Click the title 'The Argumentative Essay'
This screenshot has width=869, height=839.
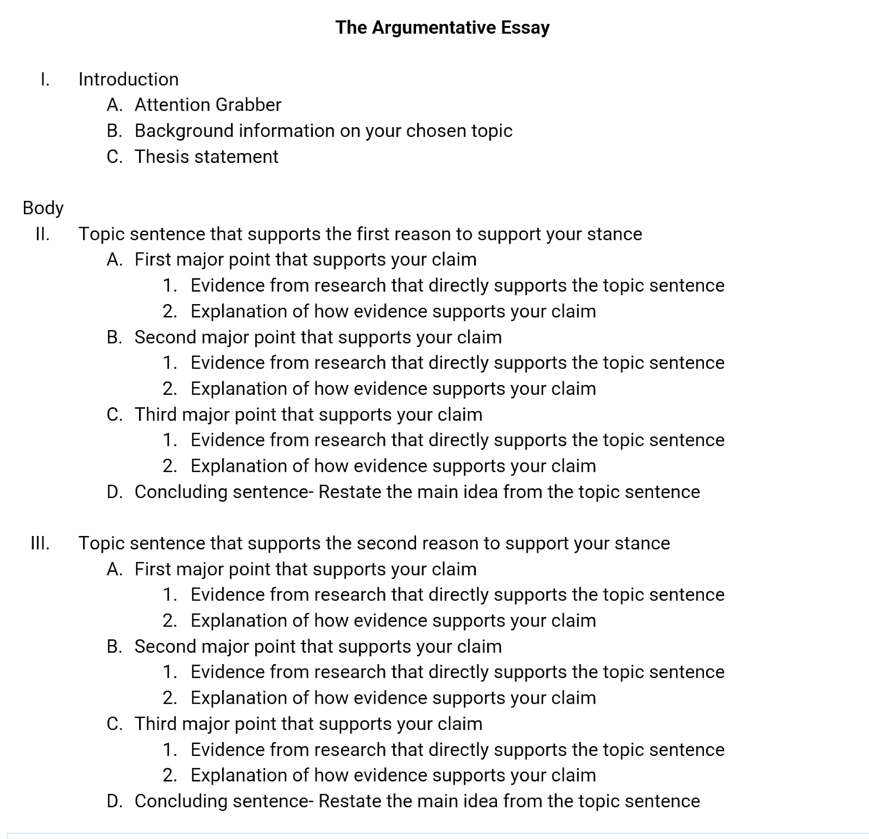click(442, 27)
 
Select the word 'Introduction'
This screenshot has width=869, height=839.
click(128, 79)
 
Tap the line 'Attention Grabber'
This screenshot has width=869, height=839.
click(208, 105)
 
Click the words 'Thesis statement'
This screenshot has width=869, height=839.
click(206, 156)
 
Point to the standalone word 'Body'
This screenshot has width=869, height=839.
click(43, 207)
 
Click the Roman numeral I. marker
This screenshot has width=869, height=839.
click(45, 79)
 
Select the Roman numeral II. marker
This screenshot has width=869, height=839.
click(42, 234)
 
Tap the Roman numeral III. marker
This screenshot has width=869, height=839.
click(40, 543)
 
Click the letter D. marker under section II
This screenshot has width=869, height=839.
click(114, 492)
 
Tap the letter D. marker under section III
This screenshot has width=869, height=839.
click(114, 801)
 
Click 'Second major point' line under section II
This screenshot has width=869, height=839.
click(318, 337)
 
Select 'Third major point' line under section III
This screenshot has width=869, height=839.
click(308, 724)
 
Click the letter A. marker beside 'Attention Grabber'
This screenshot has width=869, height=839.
click(114, 105)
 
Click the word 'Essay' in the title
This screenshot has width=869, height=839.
click(525, 27)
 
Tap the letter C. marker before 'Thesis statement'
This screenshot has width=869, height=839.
click(114, 156)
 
